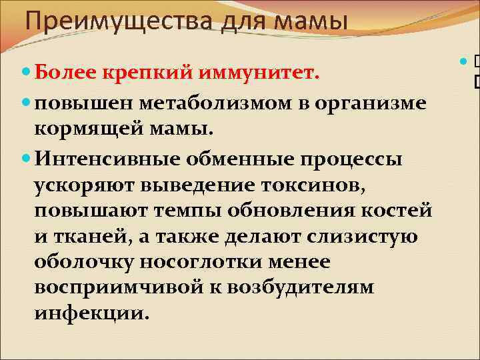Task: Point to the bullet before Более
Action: click(25, 71)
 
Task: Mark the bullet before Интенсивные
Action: click(25, 159)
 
